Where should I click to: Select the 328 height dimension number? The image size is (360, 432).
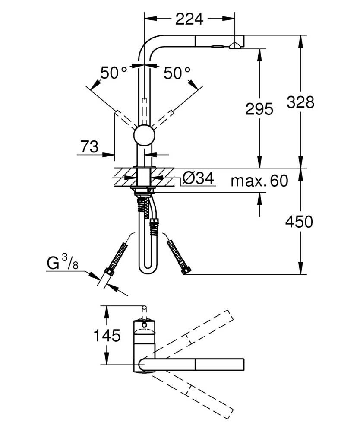click(300, 102)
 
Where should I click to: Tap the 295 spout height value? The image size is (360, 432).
click(259, 109)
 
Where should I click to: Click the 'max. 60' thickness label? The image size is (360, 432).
click(259, 181)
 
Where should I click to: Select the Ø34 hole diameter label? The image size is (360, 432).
click(198, 178)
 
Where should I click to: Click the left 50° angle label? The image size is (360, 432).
click(114, 73)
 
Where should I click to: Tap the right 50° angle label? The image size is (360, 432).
click(177, 73)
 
